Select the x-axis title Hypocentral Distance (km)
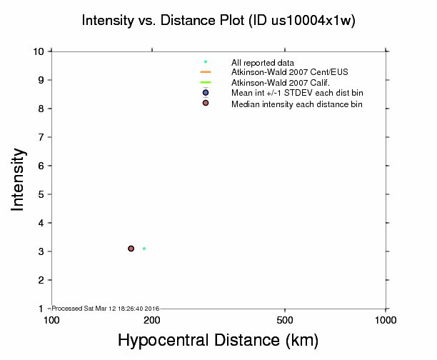218,339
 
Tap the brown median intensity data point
131,249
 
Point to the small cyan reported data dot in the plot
144,249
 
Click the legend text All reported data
263,63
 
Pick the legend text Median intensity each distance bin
297,104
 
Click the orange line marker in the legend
206,72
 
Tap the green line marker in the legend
206,83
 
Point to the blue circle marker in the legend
206,93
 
